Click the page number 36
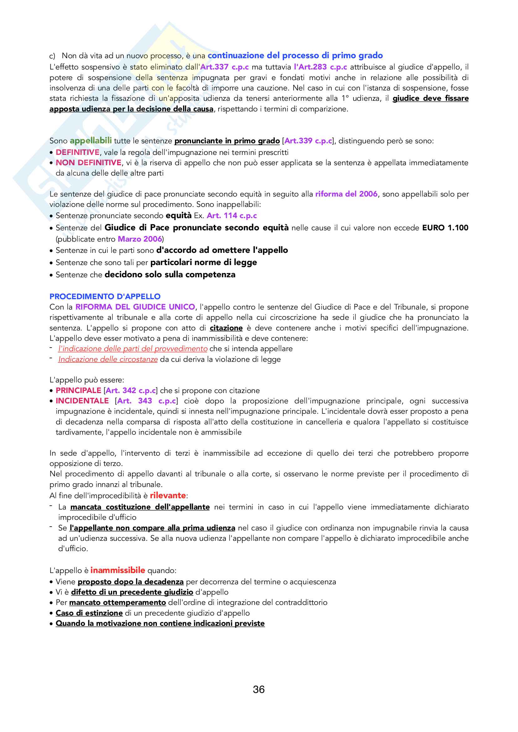point(259,689)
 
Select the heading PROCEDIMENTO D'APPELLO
point(105,296)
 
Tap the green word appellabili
point(91,141)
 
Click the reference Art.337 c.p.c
point(224,67)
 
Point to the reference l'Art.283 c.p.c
point(320,67)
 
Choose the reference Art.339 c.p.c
point(308,141)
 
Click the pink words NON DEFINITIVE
point(88,163)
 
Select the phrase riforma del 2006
point(346,194)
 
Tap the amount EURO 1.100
point(445,228)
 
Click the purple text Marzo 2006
point(140,239)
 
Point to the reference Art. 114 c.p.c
point(231,216)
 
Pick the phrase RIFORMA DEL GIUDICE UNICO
point(135,307)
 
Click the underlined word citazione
point(226,328)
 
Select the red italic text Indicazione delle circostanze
point(108,359)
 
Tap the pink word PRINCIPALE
point(78,391)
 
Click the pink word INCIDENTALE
point(82,401)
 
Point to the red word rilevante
point(168,495)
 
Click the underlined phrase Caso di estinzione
point(89,613)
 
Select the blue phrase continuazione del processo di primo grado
point(295,55)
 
